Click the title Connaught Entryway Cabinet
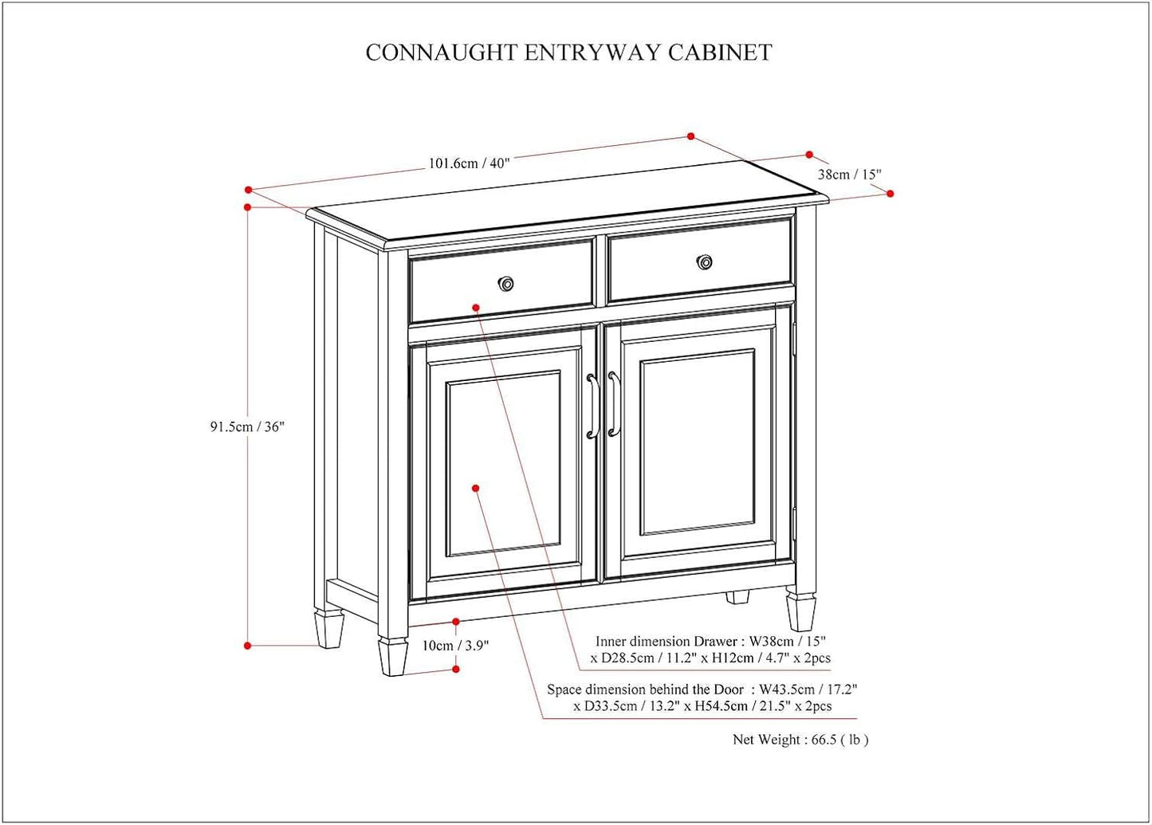point(568,53)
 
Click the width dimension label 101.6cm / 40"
point(469,163)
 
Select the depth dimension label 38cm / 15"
point(849,175)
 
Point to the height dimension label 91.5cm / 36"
point(247,426)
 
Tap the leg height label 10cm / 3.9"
point(455,646)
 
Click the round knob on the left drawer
point(505,284)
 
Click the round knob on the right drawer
point(704,261)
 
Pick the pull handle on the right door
point(613,404)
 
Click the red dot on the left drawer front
point(475,306)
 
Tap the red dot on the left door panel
point(475,487)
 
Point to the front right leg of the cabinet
point(800,610)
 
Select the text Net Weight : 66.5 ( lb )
point(800,740)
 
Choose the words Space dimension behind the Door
point(645,689)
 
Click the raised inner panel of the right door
point(697,442)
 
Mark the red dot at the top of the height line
point(248,207)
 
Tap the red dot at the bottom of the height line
point(248,646)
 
